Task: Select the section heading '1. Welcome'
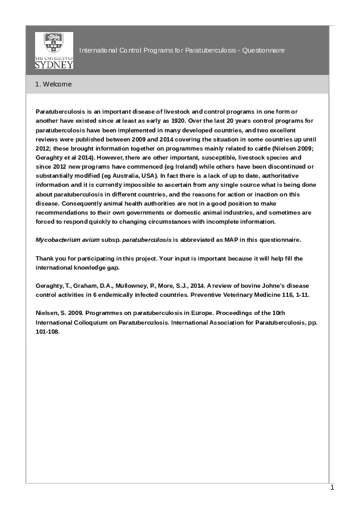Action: coord(53,84)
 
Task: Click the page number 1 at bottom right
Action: coord(332,487)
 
